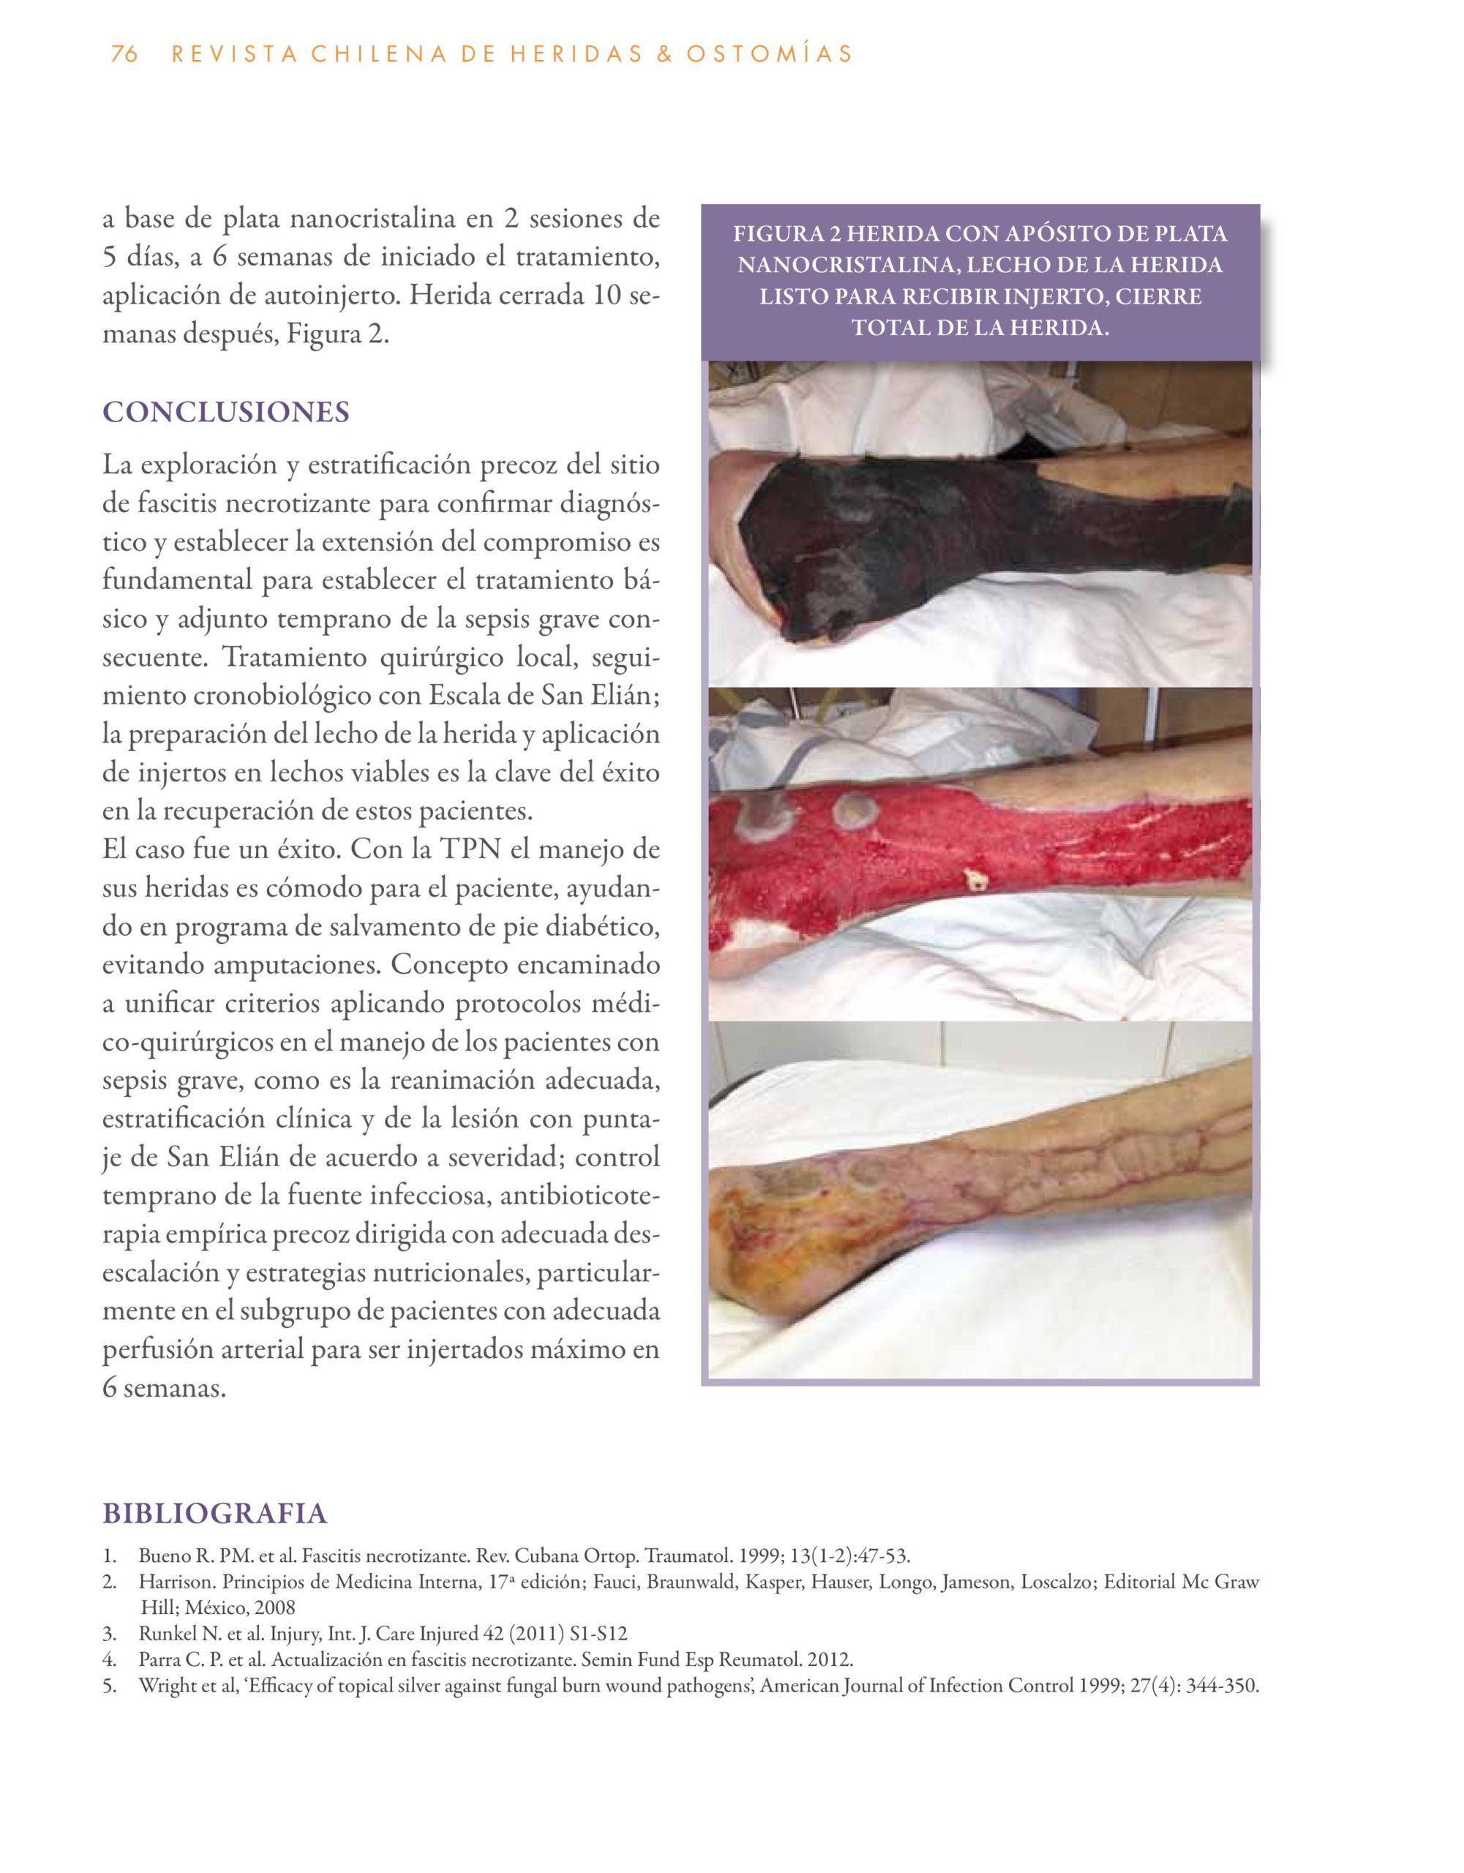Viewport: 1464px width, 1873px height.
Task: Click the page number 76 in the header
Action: click(124, 54)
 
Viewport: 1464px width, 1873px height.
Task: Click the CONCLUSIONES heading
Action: click(225, 412)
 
